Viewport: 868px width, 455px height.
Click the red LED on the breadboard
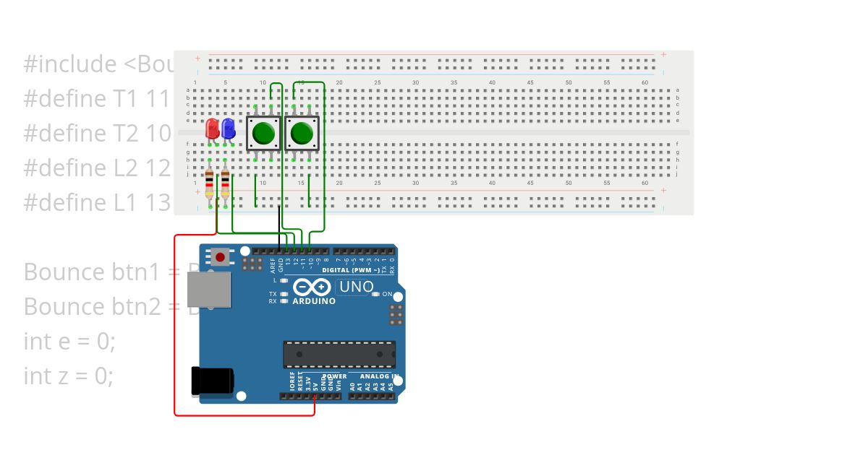[x=212, y=129]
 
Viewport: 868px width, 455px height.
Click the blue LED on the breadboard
[x=228, y=129]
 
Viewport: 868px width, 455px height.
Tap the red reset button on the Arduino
[x=220, y=256]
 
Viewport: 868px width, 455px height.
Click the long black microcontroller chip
[x=339, y=354]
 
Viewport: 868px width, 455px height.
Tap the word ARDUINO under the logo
[x=314, y=301]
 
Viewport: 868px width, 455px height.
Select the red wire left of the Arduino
[x=175, y=325]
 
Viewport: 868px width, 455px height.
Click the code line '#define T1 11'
[x=97, y=98]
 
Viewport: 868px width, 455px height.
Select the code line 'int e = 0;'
[x=69, y=341]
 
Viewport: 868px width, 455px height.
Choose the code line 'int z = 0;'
[x=69, y=376]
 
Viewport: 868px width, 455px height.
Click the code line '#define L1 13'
[x=97, y=202]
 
